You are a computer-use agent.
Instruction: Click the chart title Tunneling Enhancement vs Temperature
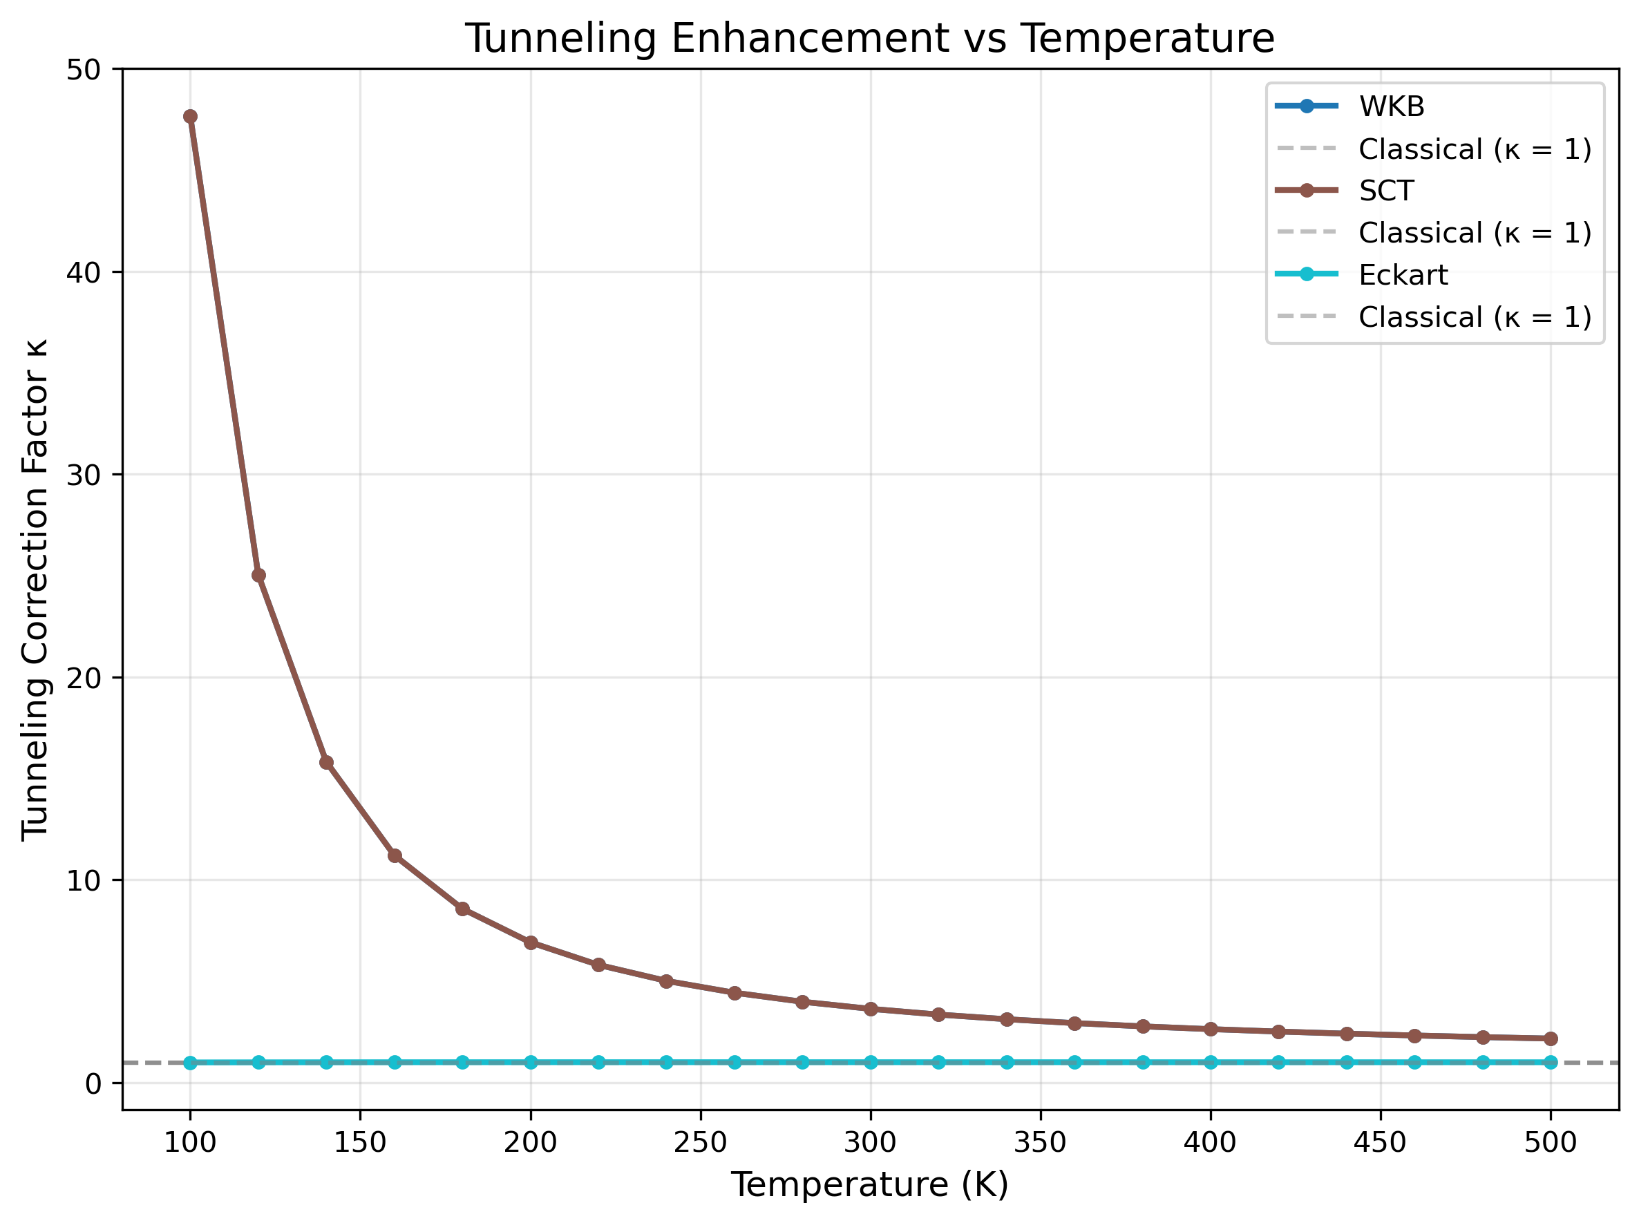coord(869,39)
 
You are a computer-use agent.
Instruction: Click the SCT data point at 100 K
coord(190,116)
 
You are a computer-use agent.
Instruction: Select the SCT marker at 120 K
coord(258,575)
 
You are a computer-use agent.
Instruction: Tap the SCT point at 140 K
coord(326,763)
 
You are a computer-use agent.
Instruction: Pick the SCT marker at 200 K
coord(531,942)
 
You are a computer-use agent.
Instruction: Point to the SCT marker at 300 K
coord(871,1009)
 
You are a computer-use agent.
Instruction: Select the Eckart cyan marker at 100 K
coord(190,1063)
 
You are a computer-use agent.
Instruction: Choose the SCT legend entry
coord(1386,191)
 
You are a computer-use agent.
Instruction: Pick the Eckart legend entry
coord(1402,276)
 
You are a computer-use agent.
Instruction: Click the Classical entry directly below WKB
coord(1473,149)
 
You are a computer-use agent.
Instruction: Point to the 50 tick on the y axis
coord(83,70)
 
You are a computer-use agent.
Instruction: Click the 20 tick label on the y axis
coord(83,678)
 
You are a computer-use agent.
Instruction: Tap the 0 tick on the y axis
coord(93,1084)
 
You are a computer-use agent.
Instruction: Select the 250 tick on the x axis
coord(701,1142)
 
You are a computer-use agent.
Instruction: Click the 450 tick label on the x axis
coord(1380,1142)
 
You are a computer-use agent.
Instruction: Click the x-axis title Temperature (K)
coord(869,1184)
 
